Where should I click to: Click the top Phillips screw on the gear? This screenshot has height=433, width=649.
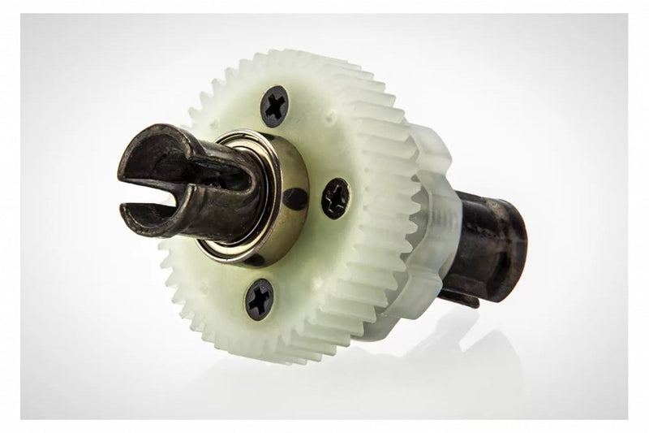coord(275,106)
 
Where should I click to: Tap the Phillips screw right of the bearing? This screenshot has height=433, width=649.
coord(335,198)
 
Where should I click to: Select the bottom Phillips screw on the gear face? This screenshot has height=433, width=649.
coord(260,299)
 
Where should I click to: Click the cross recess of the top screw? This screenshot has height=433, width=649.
coord(275,106)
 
